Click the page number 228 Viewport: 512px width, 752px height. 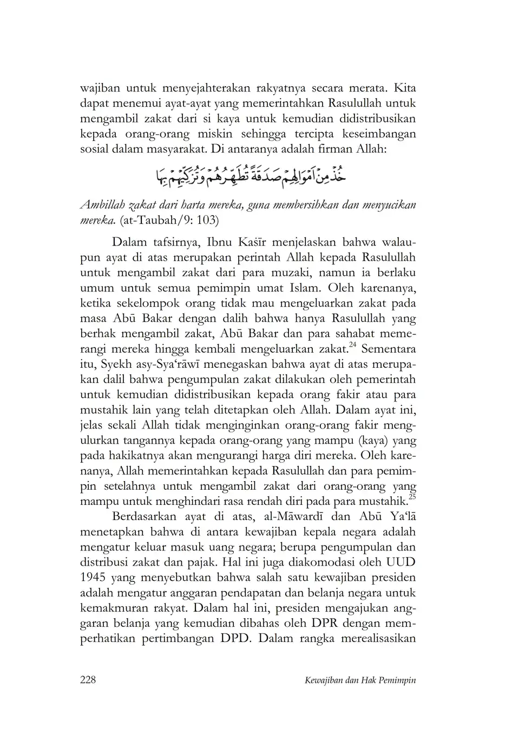(x=88, y=680)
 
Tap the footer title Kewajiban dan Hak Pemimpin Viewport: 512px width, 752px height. (x=360, y=680)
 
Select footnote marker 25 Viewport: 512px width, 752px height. (x=412, y=496)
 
